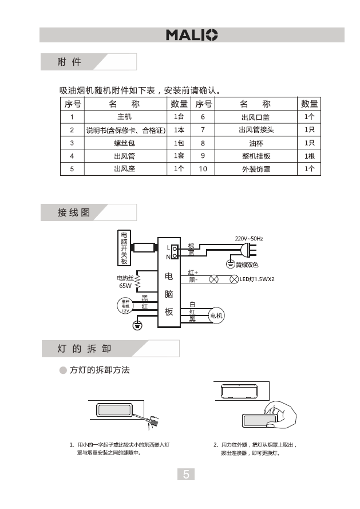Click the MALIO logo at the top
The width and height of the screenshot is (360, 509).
[x=192, y=35]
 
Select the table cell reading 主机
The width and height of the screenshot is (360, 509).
[x=124, y=117]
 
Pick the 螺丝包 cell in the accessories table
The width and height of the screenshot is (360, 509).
[x=124, y=143]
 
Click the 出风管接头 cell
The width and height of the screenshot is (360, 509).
[x=256, y=130]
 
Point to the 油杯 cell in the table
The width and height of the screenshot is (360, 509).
[x=256, y=143]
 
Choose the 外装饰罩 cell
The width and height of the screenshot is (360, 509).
[x=256, y=169]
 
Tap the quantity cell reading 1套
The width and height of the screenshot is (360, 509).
[x=179, y=156]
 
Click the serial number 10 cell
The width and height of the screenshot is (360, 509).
[x=203, y=169]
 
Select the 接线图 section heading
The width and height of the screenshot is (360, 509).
[x=73, y=212]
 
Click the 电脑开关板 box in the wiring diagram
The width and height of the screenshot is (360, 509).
[x=124, y=248]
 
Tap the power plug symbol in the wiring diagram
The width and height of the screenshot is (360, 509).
[x=248, y=250]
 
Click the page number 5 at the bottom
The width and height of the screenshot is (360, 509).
[x=186, y=474]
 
